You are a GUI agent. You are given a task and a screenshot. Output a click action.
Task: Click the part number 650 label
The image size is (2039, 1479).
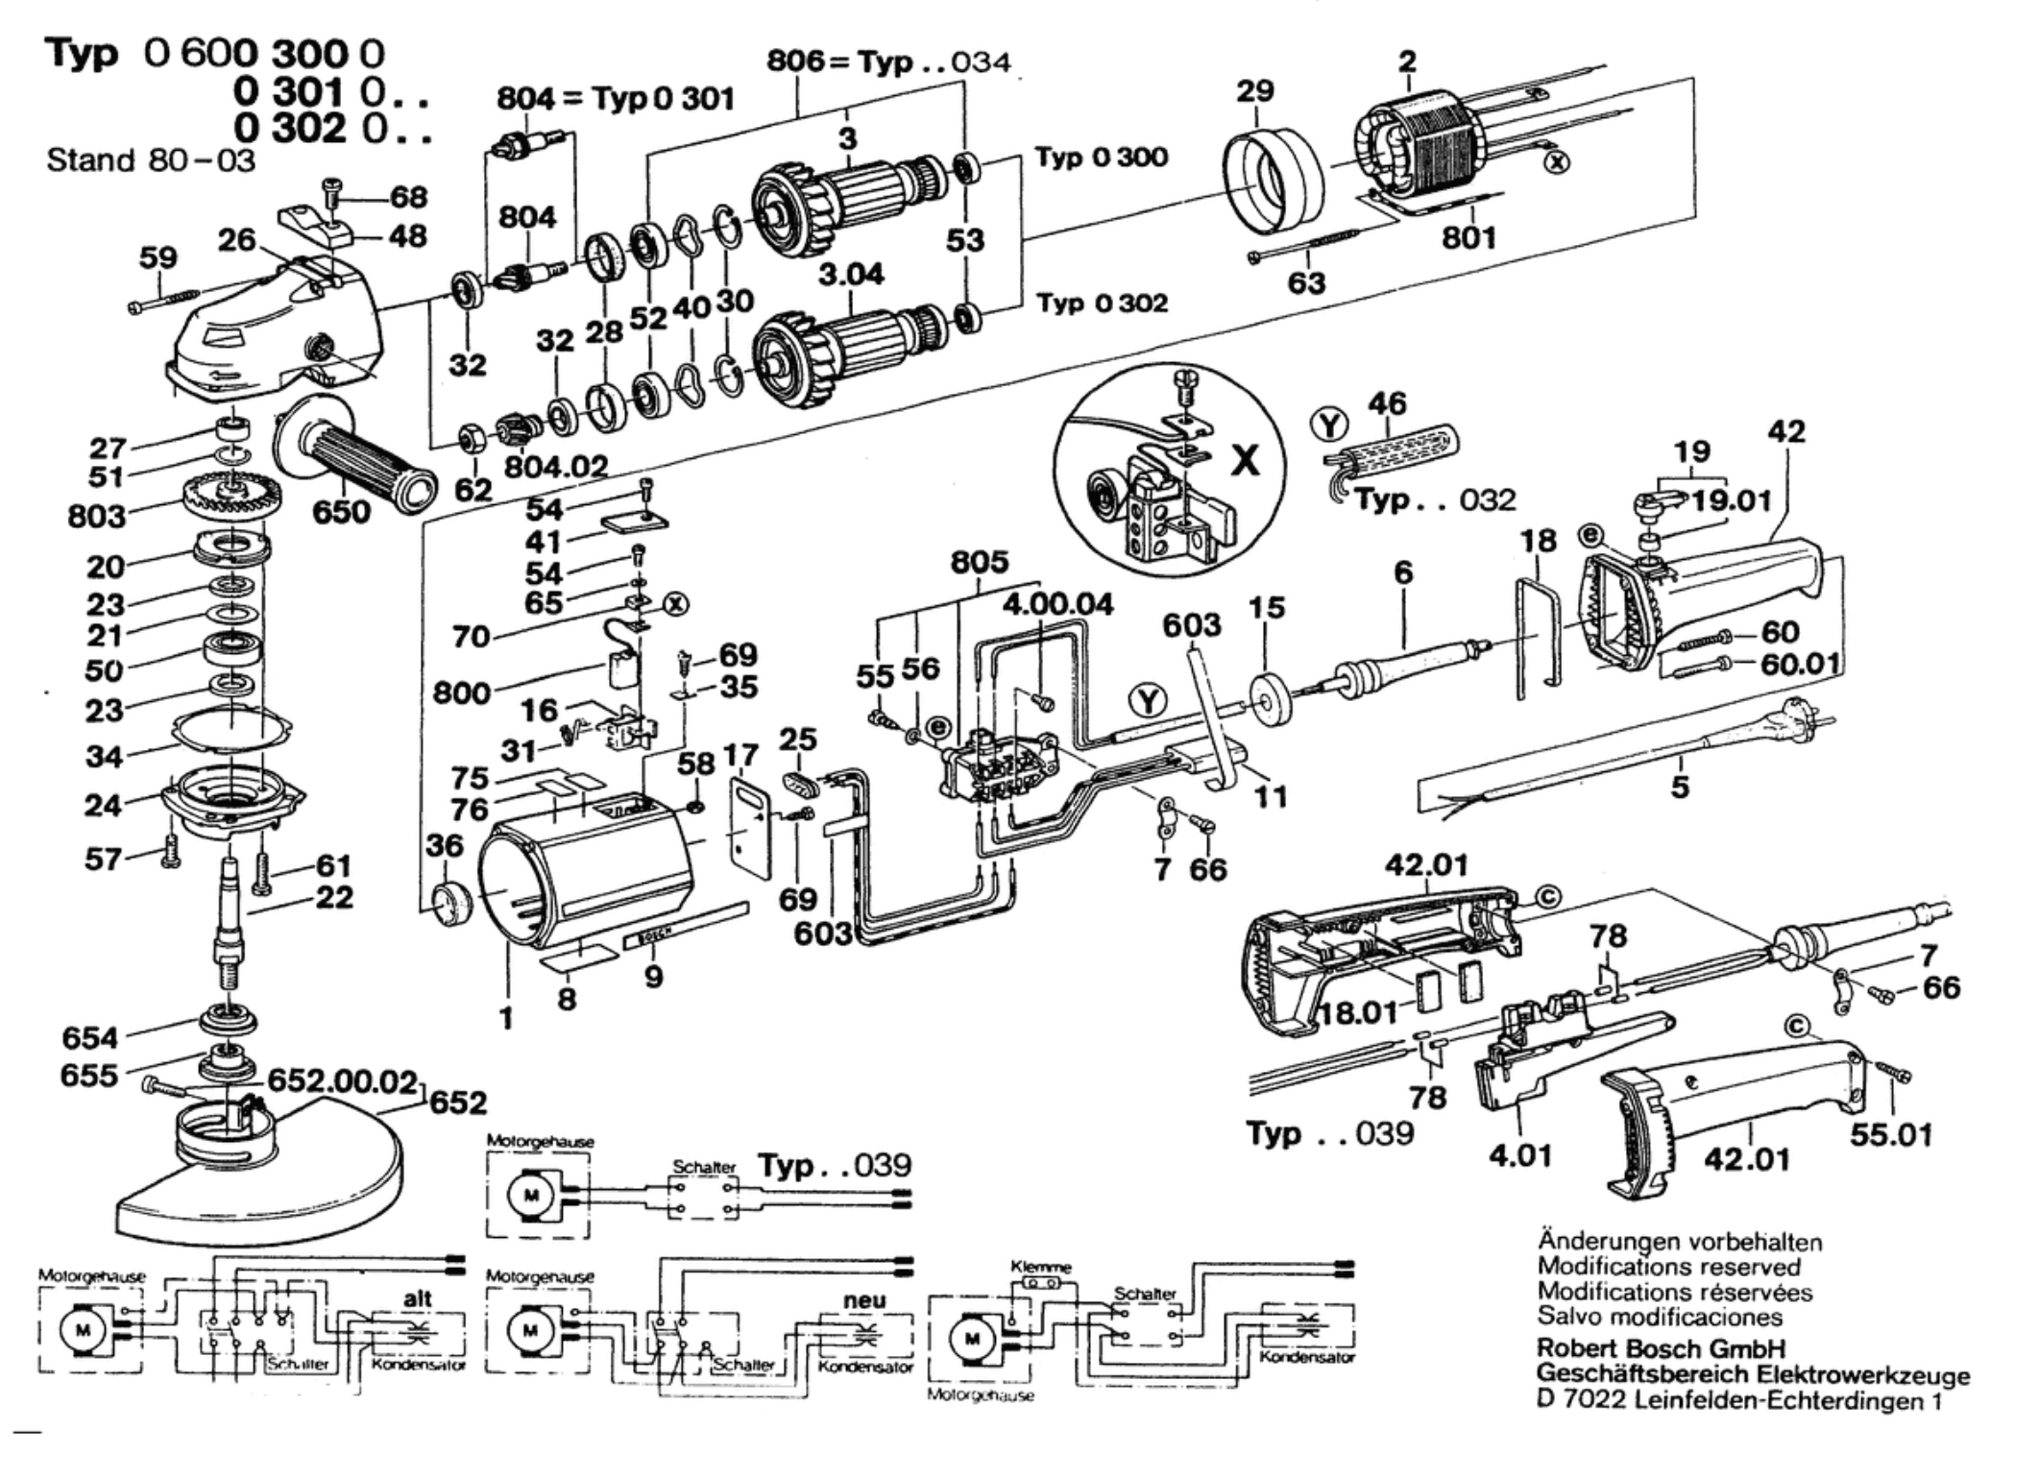(x=341, y=511)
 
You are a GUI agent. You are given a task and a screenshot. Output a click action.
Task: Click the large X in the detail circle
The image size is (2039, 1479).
(x=1245, y=461)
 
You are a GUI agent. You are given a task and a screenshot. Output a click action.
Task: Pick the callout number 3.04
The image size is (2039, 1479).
(x=851, y=276)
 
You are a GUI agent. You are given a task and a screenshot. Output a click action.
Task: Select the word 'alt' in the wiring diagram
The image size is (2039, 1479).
(x=417, y=1298)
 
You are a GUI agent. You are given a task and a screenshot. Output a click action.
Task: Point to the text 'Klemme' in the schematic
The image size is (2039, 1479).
(x=1040, y=1267)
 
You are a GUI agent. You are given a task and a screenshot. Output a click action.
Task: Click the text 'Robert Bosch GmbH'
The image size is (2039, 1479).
(x=1661, y=1347)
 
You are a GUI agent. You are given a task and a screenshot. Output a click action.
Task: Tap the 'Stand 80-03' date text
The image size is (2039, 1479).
(x=151, y=159)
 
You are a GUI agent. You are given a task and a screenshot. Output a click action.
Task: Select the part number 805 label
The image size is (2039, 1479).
(x=980, y=561)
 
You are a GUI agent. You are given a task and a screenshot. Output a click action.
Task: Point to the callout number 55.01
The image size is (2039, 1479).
(x=1890, y=1134)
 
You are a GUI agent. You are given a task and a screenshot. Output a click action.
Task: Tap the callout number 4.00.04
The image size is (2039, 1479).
(x=1057, y=604)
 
